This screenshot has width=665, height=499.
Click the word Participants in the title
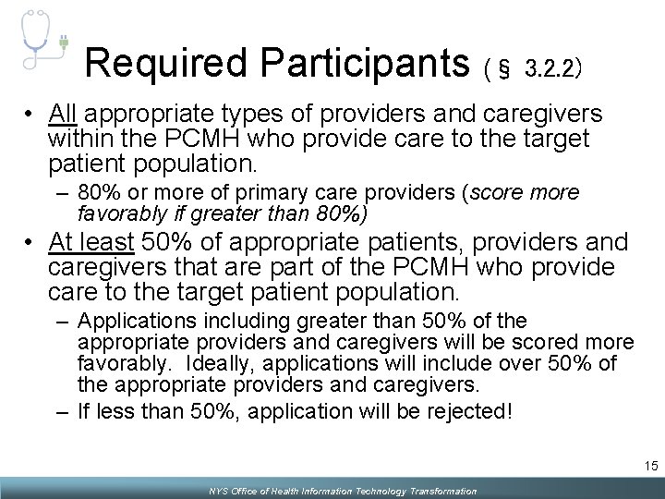pos(366,62)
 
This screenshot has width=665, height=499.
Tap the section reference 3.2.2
pos(551,67)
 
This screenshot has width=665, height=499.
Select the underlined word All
pos(64,115)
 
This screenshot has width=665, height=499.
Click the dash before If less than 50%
pos(61,410)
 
